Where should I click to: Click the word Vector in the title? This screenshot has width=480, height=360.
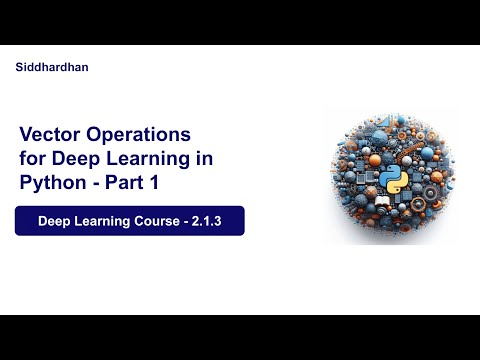[x=50, y=134]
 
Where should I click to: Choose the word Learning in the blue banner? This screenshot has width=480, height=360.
[x=106, y=221]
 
